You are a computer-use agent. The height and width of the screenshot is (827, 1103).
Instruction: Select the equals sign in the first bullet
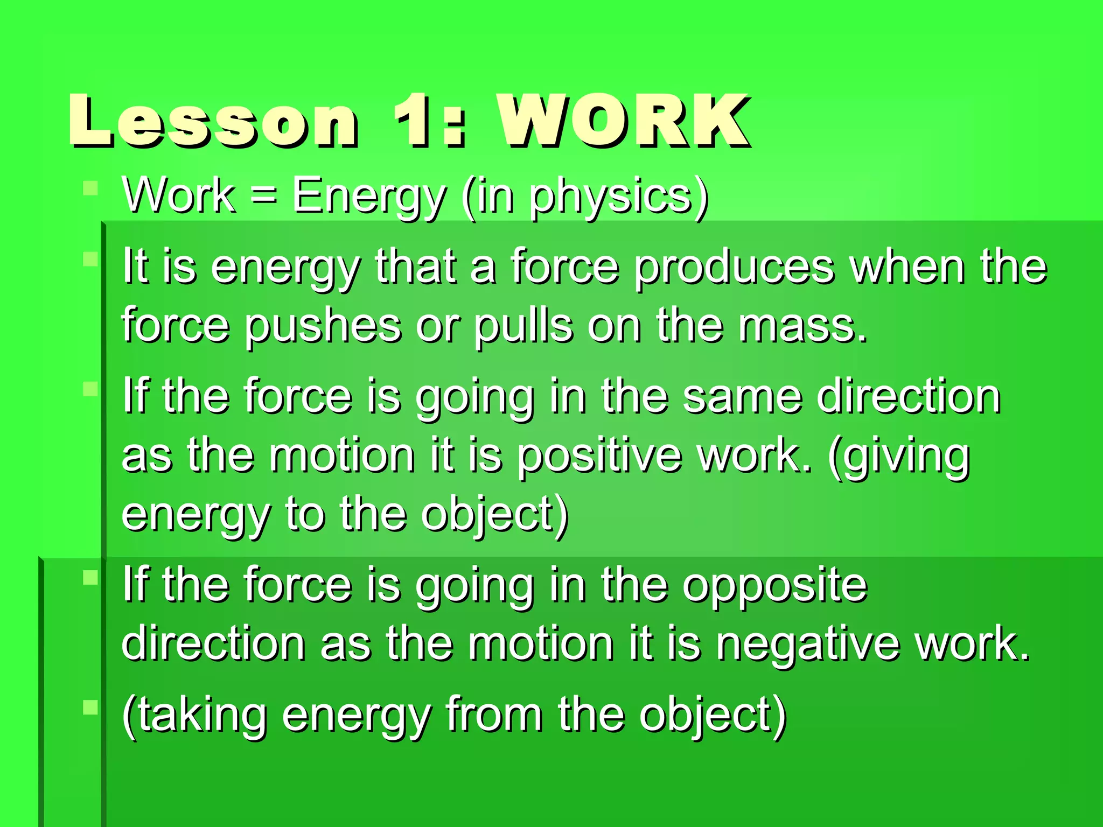pos(264,195)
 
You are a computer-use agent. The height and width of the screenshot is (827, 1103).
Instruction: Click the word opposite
pos(776,586)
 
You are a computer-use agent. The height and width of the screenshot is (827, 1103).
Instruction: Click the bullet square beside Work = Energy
pos(90,188)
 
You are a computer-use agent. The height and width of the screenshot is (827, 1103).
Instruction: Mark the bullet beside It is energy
pos(90,260)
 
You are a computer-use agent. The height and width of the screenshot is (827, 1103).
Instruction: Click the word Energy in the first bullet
pos(369,197)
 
